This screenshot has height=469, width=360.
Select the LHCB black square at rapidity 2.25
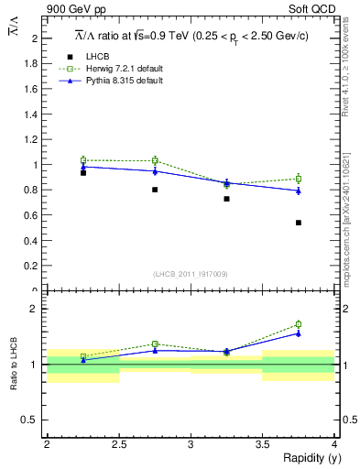[83, 172]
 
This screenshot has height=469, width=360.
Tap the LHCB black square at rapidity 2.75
[155, 190]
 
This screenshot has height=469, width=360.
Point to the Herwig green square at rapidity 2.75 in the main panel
[155, 160]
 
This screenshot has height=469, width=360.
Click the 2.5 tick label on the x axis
[118, 443]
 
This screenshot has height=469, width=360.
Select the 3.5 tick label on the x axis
[262, 443]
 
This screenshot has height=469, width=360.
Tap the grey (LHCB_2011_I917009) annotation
[191, 274]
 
